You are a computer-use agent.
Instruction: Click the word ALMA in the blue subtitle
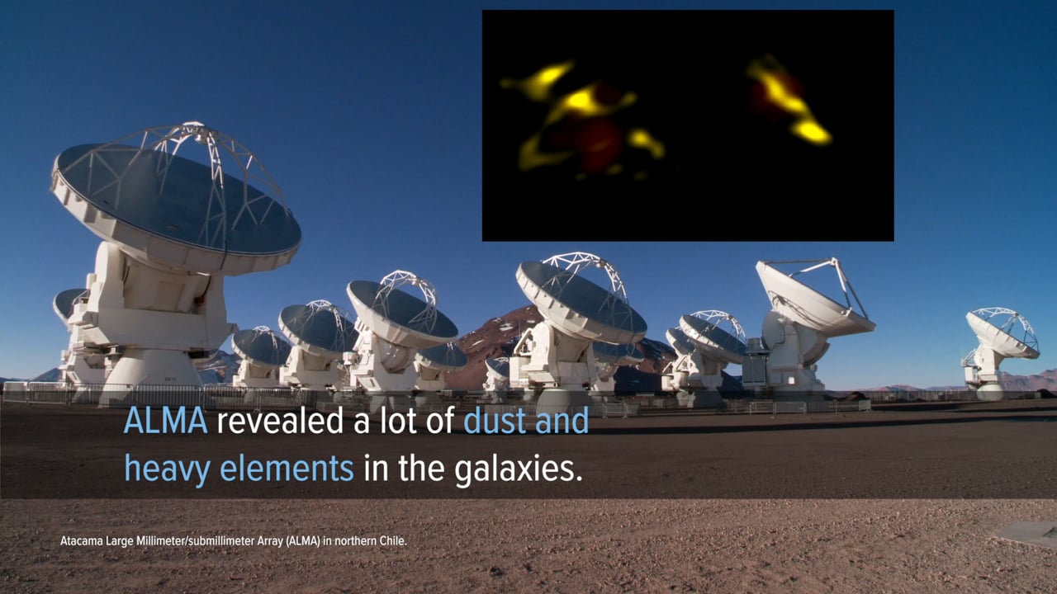(x=166, y=421)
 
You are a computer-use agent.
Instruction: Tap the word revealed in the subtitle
(x=280, y=421)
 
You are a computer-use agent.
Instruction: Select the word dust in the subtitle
(x=495, y=421)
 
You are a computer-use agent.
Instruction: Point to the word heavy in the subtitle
(x=168, y=469)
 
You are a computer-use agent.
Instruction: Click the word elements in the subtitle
(x=287, y=468)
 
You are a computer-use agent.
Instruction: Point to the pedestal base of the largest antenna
(x=150, y=372)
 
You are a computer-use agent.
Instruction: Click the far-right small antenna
(x=999, y=351)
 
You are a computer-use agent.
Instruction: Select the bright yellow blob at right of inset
(x=811, y=132)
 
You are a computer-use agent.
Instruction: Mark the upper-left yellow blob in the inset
(x=543, y=80)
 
